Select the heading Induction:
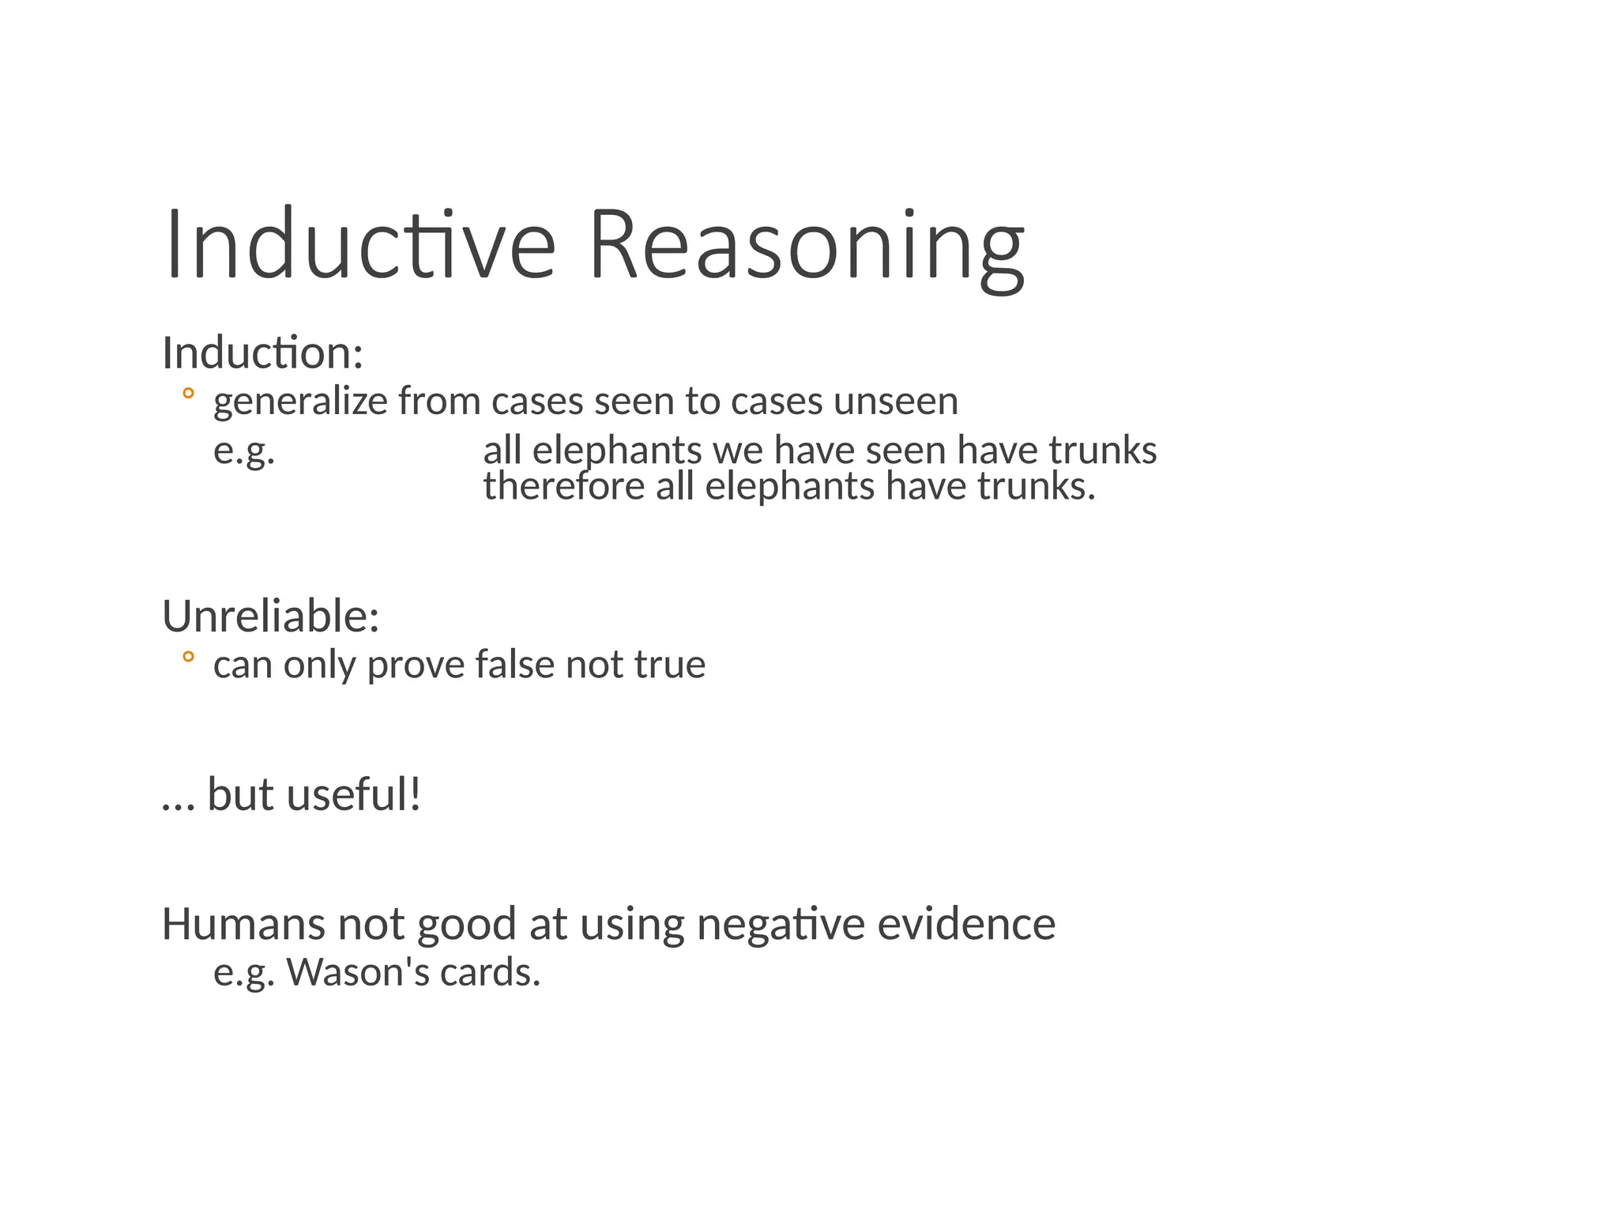click(262, 353)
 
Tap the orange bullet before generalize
click(187, 394)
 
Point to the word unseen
click(896, 402)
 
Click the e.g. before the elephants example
click(244, 451)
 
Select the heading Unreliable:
click(270, 616)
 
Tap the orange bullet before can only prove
click(187, 657)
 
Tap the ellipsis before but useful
click(178, 805)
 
